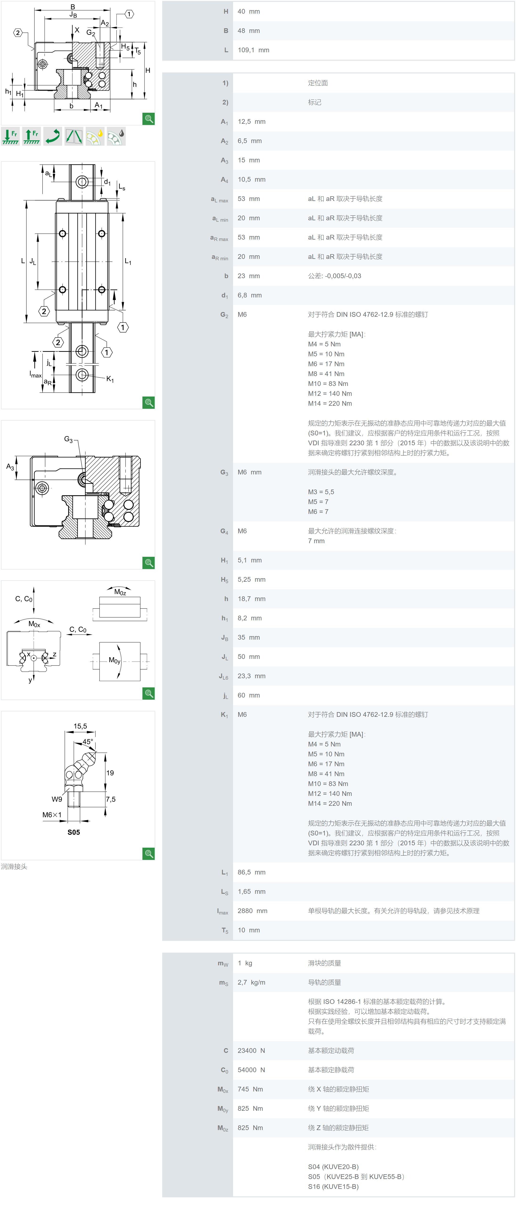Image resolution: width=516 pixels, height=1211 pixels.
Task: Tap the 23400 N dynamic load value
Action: click(251, 1050)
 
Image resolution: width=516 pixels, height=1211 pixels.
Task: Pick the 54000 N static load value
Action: click(251, 1070)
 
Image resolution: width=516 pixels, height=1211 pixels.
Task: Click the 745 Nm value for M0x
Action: click(250, 1089)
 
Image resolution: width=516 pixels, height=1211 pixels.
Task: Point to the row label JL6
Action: click(223, 676)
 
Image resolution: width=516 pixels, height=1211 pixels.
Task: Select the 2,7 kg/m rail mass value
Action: click(251, 982)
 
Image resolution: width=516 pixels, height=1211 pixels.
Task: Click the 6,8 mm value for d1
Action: click(249, 295)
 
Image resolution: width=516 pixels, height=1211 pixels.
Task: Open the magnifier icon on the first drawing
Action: click(149, 119)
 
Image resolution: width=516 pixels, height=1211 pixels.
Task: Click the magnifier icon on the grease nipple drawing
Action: click(149, 854)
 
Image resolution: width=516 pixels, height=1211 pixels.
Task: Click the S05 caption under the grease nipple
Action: click(74, 832)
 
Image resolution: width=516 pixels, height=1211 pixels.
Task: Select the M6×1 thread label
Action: click(52, 815)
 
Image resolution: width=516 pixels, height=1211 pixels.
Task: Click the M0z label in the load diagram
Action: click(120, 592)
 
